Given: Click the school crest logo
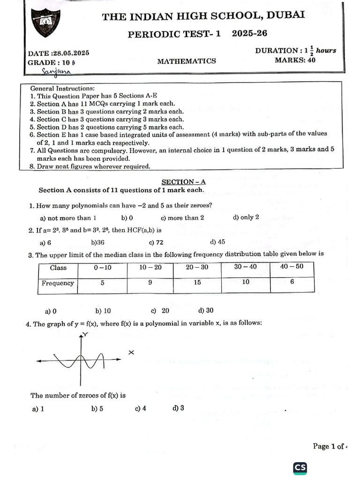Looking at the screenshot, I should pyautogui.click(x=46, y=23).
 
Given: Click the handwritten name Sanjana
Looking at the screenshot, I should pyautogui.click(x=56, y=71).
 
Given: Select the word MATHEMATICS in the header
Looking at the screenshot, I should pyautogui.click(x=187, y=61).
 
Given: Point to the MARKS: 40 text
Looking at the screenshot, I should pyautogui.click(x=295, y=60).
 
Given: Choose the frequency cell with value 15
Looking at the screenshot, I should pyautogui.click(x=197, y=283).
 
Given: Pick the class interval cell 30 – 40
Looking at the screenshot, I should pyautogui.click(x=246, y=267).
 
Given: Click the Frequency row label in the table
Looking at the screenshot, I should pyautogui.click(x=58, y=283).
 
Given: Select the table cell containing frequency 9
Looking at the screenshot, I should pyautogui.click(x=150, y=283).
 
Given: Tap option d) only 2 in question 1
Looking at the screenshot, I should pyautogui.click(x=246, y=217).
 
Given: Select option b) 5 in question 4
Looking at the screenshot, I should pyautogui.click(x=97, y=408).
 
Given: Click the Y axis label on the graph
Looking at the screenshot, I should pyautogui.click(x=85, y=334).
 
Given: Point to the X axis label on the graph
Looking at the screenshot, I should pyautogui.click(x=131, y=352).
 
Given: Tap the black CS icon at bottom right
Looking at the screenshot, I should pyautogui.click(x=300, y=467).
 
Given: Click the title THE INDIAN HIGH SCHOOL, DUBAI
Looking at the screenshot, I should pyautogui.click(x=203, y=16).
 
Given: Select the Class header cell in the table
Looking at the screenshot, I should pyautogui.click(x=58, y=268).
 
